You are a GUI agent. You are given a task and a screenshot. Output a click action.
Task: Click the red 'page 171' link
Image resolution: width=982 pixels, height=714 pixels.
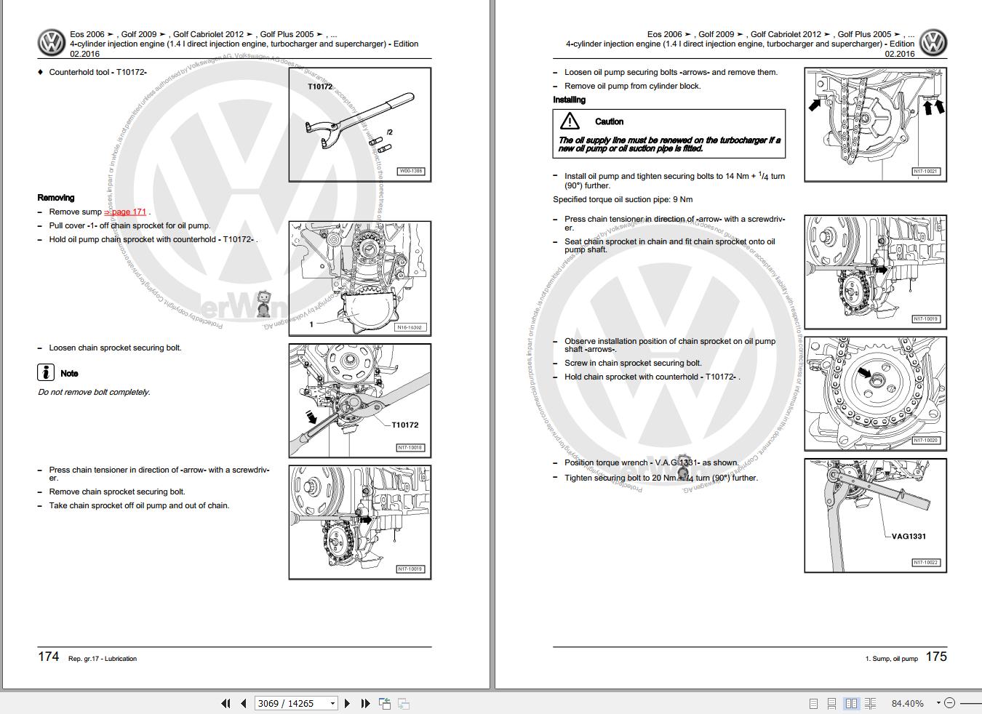pos(127,212)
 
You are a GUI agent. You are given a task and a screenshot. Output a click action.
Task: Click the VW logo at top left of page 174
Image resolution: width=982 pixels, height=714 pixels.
pos(52,43)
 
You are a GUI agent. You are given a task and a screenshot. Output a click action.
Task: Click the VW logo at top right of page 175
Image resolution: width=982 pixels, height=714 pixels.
pos(933,43)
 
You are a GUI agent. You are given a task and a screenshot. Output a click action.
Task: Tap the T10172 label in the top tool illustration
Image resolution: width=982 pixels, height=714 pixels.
pos(320,87)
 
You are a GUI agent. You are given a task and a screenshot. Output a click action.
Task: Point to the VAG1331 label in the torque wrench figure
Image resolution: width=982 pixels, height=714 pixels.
pos(909,537)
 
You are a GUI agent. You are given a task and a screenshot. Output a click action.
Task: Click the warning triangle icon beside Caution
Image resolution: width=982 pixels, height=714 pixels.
pos(570,121)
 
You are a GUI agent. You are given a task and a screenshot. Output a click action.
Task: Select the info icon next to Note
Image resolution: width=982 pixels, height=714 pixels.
pos(46,373)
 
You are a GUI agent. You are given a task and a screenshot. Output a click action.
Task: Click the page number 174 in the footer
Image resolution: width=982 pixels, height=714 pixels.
pos(48,657)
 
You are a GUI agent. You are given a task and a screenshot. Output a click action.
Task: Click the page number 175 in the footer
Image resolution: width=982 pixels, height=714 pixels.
pos(935,657)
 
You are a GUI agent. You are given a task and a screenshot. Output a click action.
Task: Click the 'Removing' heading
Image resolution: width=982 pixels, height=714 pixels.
pos(56,198)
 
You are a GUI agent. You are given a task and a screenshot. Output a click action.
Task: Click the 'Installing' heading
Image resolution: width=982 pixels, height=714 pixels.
pos(569,100)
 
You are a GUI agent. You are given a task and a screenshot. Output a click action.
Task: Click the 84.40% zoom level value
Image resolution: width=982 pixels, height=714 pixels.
pos(907,703)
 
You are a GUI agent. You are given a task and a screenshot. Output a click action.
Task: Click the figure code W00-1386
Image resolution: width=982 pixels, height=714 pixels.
pos(410,172)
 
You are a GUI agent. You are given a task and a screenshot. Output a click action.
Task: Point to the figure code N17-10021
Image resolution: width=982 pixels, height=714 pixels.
pos(926,172)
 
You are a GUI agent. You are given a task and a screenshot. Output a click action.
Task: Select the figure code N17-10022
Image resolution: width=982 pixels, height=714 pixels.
pos(926,562)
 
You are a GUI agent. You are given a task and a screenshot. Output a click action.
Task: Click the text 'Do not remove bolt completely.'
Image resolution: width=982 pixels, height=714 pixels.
pos(94,392)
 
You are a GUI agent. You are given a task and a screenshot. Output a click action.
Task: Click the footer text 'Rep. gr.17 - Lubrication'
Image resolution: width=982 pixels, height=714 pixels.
pos(103,659)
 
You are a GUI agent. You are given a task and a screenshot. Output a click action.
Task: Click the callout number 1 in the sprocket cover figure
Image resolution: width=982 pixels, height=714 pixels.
pos(311,324)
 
